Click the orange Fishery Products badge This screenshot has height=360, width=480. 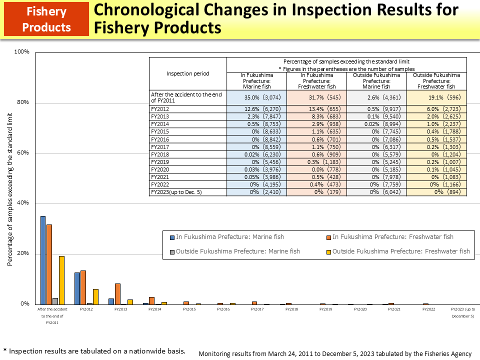click(46, 19)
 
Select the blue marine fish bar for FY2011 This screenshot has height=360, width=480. click(43, 260)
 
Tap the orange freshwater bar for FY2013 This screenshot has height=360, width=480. click(117, 293)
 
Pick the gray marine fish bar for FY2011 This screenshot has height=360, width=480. click(55, 301)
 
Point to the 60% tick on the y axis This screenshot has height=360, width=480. click(23, 153)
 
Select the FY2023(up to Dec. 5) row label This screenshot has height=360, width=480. click(176, 192)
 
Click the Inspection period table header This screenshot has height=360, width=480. click(188, 73)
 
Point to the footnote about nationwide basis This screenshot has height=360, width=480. click(94, 351)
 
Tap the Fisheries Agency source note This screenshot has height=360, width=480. click(334, 353)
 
